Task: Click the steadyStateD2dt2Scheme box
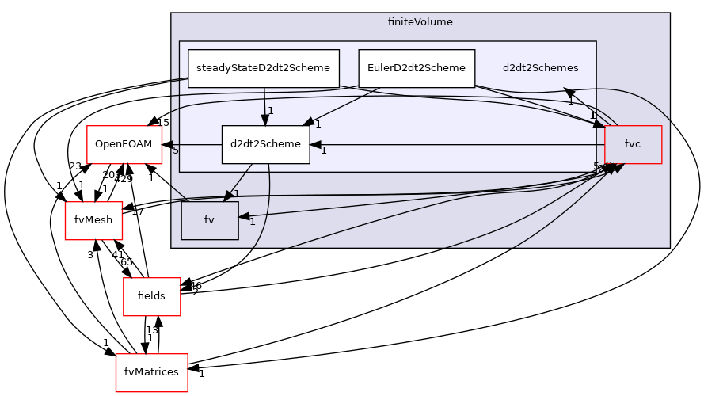(263, 68)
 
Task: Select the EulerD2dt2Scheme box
(417, 68)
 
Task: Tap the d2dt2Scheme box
(265, 144)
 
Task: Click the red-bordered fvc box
(633, 144)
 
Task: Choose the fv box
(209, 220)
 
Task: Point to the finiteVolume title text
(420, 22)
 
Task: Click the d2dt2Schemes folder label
(540, 68)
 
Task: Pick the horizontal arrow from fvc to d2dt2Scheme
(459, 145)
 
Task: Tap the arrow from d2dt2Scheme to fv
(239, 182)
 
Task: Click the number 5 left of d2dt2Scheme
(176, 150)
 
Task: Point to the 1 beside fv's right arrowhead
(252, 222)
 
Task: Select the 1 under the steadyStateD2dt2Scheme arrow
(270, 111)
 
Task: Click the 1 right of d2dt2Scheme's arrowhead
(323, 150)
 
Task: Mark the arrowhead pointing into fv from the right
(245, 215)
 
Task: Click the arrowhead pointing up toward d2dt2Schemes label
(568, 92)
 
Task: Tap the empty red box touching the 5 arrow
(124, 145)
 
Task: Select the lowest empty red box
(151, 373)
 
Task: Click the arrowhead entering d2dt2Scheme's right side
(315, 145)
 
